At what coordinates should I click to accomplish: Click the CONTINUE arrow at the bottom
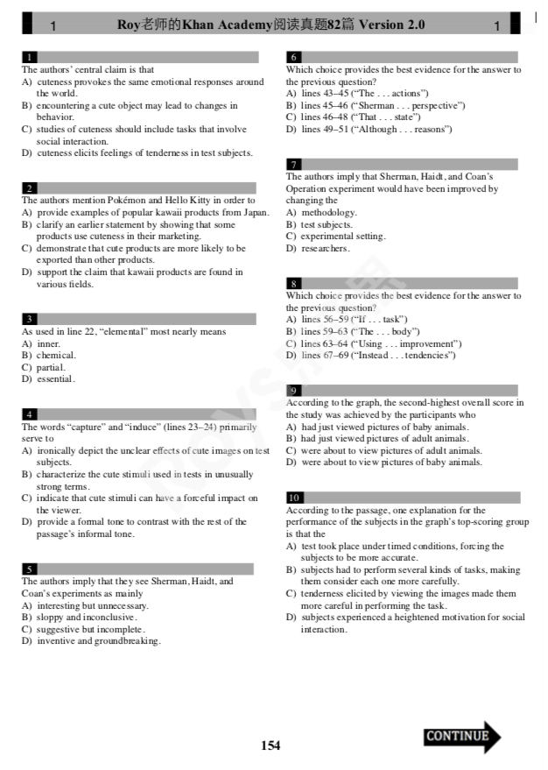point(461,736)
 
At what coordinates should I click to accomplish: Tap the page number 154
point(270,745)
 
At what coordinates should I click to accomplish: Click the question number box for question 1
point(30,57)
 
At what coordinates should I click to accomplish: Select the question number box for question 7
point(294,164)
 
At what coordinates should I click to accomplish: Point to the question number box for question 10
point(295,498)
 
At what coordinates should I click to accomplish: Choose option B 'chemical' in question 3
point(56,356)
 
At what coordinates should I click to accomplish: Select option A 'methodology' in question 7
point(328,213)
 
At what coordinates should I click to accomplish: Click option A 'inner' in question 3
point(48,344)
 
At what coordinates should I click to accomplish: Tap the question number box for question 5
point(30,569)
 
